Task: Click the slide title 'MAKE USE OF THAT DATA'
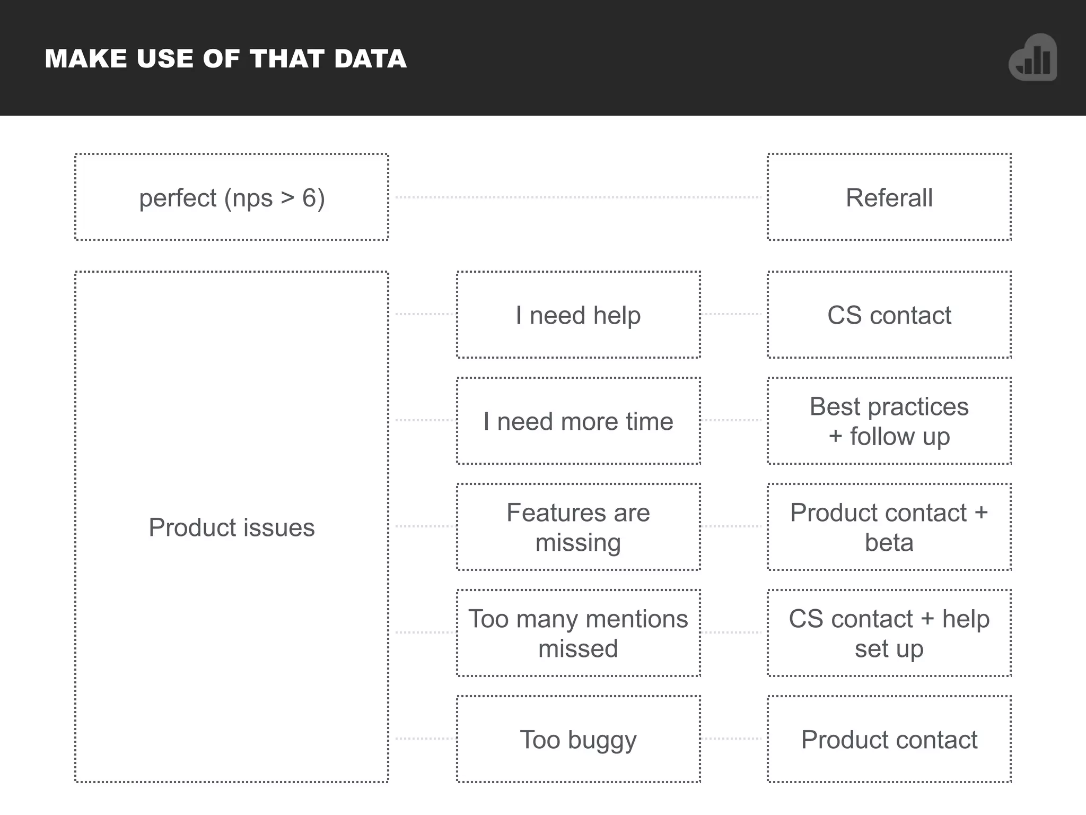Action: pos(225,58)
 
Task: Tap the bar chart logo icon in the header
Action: pos(1032,58)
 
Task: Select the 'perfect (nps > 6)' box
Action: pos(232,197)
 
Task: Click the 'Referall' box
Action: pos(889,197)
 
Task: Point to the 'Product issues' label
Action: pos(232,527)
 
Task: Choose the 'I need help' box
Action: pos(578,315)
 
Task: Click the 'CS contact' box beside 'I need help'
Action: pos(889,315)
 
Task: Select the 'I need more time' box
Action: pos(578,421)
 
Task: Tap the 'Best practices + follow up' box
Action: pos(889,421)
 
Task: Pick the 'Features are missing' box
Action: pos(578,527)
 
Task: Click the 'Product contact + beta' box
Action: pos(889,527)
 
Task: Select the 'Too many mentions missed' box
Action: pos(578,633)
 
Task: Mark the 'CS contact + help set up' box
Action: pos(889,633)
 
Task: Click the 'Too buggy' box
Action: pos(578,739)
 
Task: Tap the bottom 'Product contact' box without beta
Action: pos(889,739)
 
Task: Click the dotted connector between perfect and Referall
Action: pos(578,197)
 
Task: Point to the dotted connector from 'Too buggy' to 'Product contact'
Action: pos(733,739)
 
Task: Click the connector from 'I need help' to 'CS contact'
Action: pos(733,314)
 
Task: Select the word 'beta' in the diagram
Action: pos(889,542)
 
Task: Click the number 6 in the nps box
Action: pos(309,198)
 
